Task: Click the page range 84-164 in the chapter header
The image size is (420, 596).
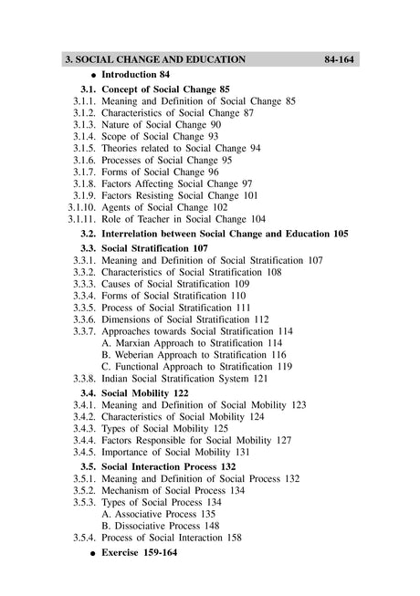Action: (x=338, y=59)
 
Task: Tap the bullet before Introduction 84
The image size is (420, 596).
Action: (x=93, y=75)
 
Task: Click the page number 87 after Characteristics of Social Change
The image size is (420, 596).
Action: (x=248, y=112)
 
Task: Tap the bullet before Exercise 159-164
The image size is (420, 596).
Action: (x=93, y=554)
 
